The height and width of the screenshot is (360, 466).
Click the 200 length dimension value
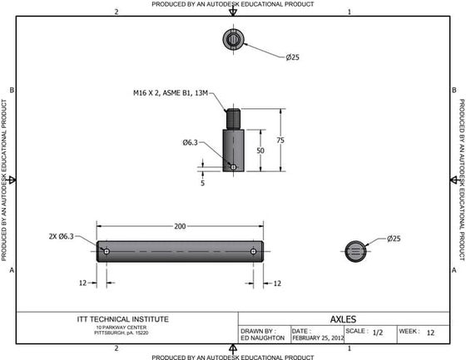[180, 226]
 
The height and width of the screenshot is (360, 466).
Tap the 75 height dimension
[280, 141]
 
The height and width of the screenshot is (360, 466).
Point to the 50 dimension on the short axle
[260, 150]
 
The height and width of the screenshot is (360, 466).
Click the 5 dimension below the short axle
[202, 183]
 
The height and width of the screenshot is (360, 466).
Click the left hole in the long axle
[107, 250]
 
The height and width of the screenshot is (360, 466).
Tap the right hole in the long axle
[253, 250]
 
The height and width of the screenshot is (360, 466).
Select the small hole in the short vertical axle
[234, 166]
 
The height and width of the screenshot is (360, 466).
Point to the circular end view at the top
[233, 38]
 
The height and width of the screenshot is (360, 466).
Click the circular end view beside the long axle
[355, 250]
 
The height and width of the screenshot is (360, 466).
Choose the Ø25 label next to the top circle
[292, 57]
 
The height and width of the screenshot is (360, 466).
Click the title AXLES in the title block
[344, 318]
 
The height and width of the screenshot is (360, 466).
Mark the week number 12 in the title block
[430, 332]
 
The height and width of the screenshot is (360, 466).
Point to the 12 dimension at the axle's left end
[83, 284]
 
